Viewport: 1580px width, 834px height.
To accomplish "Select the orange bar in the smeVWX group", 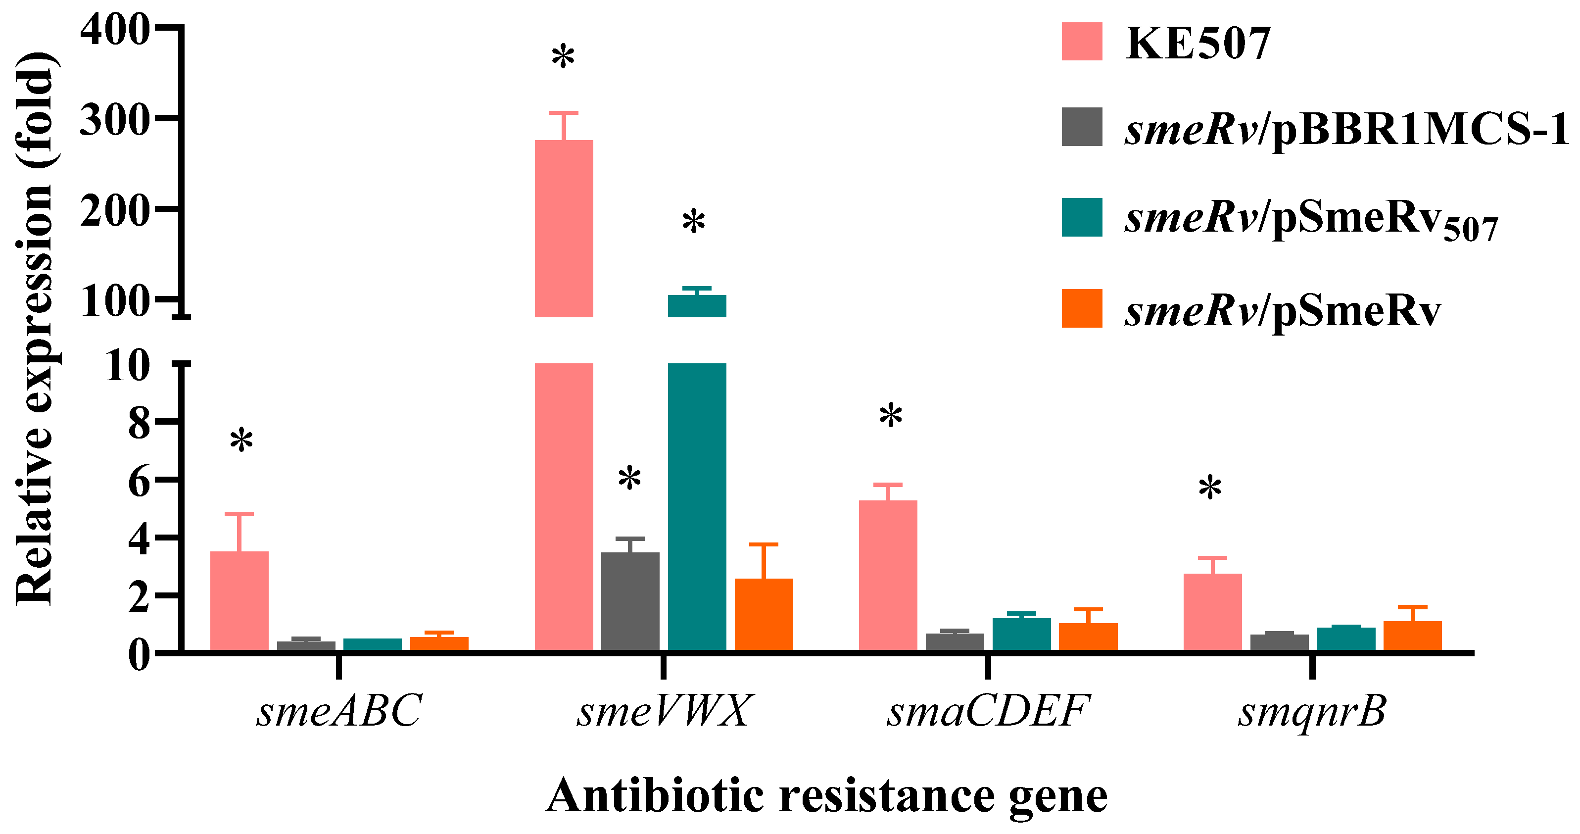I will click(764, 614).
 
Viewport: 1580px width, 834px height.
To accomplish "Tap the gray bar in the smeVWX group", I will click(630, 601).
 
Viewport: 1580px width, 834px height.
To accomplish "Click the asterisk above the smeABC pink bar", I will click(241, 441).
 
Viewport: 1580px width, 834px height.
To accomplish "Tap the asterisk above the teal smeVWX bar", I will click(694, 222).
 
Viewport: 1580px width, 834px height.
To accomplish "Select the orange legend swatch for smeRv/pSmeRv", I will click(1082, 308).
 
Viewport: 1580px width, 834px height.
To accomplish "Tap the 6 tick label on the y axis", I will click(139, 482).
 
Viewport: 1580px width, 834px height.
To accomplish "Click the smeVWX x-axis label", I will click(663, 712).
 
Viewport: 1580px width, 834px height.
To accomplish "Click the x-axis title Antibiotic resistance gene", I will click(826, 796).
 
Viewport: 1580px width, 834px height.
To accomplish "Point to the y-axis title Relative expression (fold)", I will click(36, 328).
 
